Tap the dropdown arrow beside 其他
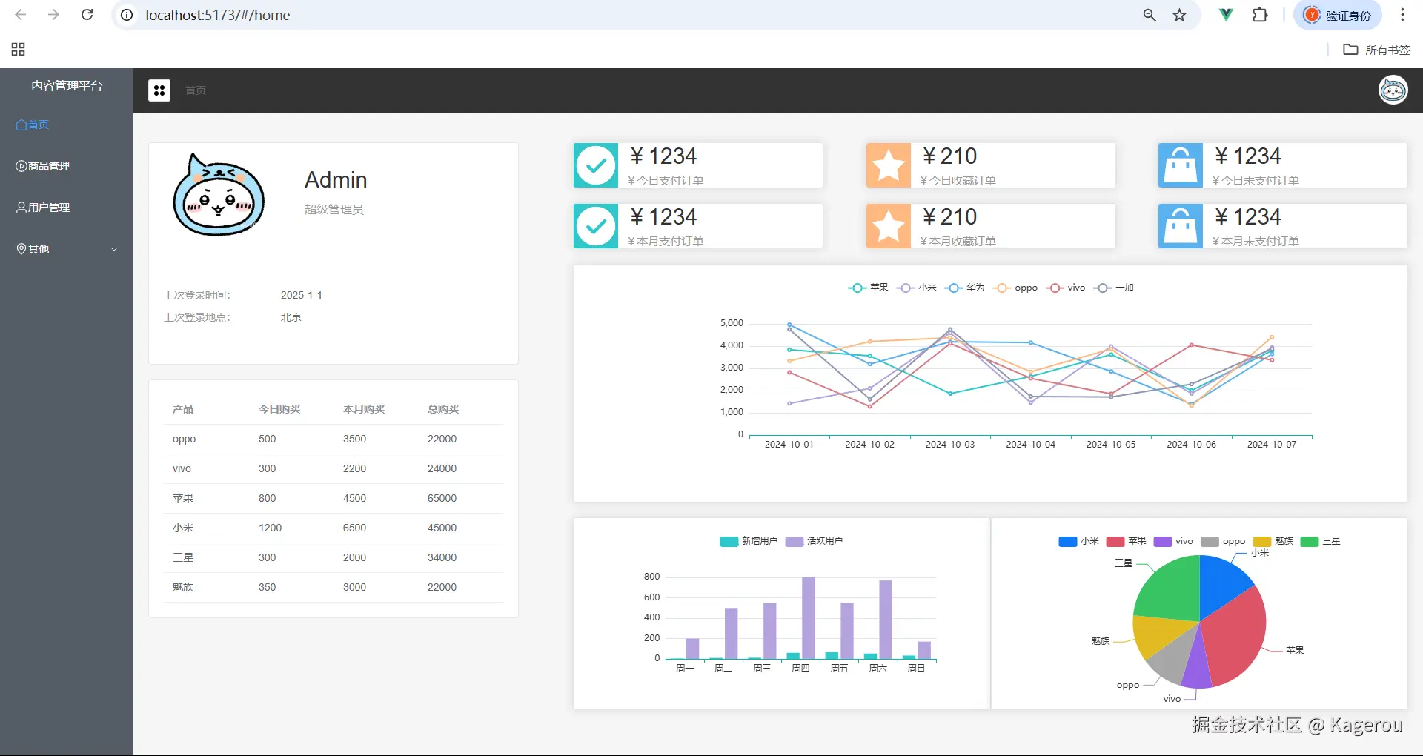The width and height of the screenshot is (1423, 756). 114,249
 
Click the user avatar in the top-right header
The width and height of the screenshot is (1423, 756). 1393,90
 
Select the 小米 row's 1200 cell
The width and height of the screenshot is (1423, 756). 270,528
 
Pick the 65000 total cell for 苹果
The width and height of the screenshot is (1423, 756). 442,498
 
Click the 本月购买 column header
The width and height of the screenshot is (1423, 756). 364,409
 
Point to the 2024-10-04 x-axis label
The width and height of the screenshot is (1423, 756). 1030,445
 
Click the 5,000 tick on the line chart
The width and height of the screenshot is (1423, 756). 732,323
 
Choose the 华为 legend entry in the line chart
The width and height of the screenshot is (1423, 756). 966,288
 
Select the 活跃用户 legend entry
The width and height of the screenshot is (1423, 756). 815,541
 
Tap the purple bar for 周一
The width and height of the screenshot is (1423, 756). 692,649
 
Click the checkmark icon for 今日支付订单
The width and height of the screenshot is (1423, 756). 596,165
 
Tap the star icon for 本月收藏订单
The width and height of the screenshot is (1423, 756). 888,226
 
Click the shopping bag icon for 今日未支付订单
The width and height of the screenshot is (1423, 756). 1181,165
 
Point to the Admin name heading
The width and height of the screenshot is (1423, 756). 336,180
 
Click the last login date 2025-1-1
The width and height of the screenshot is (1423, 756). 301,295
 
